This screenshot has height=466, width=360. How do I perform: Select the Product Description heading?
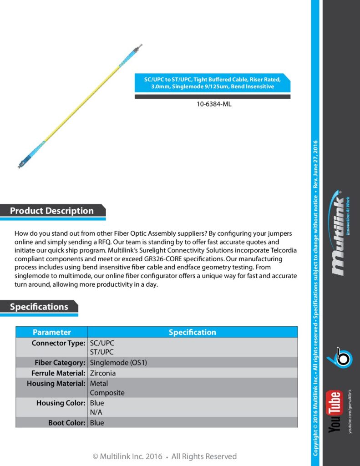52,211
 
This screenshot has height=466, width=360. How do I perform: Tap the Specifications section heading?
39,307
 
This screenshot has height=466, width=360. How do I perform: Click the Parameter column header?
52,332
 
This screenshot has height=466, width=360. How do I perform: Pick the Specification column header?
192,332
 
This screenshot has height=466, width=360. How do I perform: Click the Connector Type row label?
58,343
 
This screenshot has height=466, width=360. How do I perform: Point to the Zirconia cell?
103,373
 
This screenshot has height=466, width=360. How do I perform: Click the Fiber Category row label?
60,363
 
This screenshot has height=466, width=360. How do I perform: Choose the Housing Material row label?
56,383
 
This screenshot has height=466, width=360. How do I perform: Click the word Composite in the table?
107,393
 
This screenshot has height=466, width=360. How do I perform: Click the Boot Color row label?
66,423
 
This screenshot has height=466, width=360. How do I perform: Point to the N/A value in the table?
96,413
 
